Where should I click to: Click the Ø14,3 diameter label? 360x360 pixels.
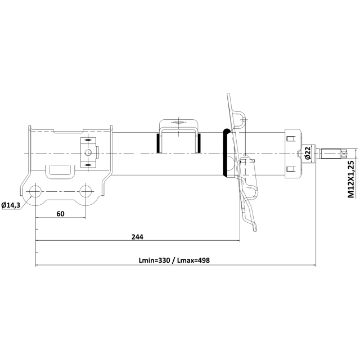pos(11,205)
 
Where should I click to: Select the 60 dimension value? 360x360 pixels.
pos(60,214)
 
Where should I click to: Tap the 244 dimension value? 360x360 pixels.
pos(137,237)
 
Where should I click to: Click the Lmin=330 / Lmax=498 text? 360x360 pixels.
pos(174,260)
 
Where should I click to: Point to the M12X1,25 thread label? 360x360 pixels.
pos(351,179)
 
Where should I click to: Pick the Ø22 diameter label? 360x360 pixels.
pos(308,152)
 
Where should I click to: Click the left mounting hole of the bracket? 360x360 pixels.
pos(35,191)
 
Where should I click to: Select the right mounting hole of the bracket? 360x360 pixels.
pos(85,191)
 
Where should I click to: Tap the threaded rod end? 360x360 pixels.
pos(331,154)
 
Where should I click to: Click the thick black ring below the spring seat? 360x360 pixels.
pos(225,152)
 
